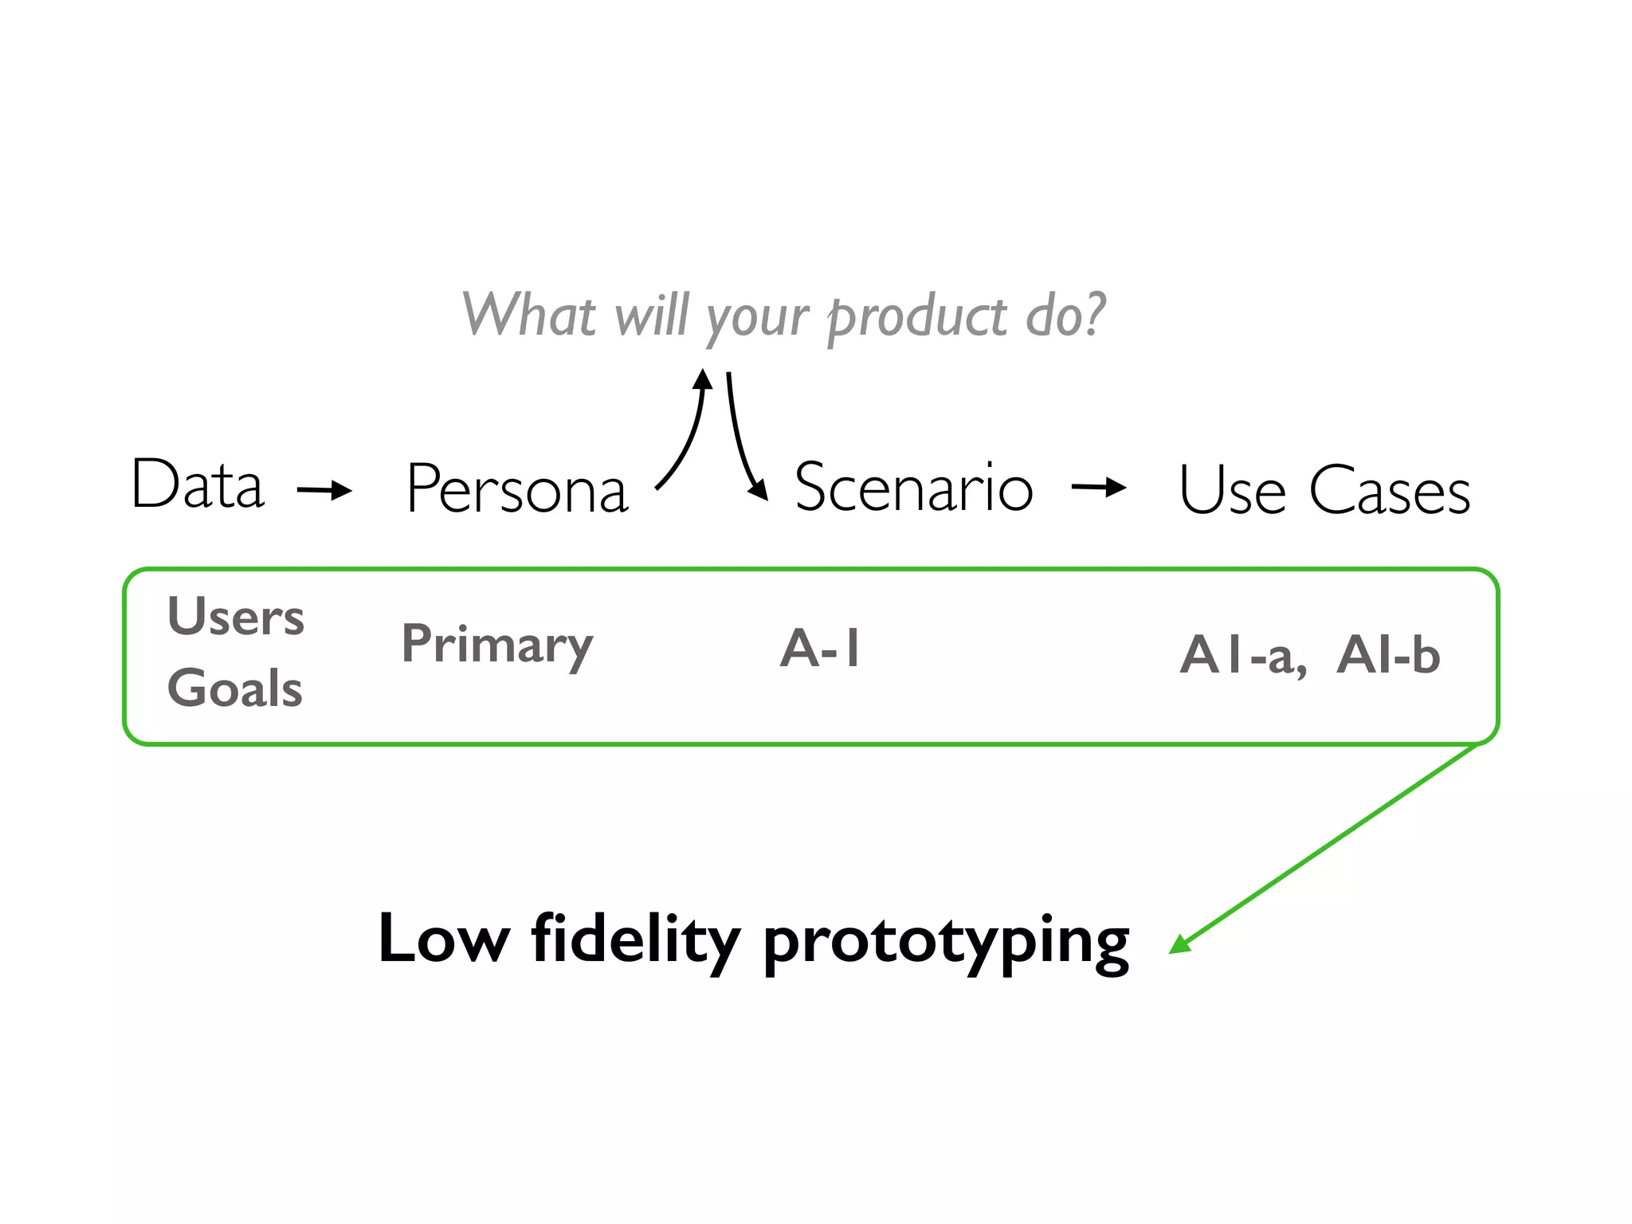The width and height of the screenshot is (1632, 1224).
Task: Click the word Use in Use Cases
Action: [1231, 490]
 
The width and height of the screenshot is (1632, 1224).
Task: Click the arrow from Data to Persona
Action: [324, 489]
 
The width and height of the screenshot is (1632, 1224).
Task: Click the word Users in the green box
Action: [236, 617]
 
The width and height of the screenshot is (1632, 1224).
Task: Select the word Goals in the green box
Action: [235, 688]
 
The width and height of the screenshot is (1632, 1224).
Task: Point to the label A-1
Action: [820, 648]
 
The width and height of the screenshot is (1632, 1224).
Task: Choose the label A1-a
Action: [1242, 656]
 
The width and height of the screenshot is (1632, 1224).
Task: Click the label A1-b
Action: [1388, 655]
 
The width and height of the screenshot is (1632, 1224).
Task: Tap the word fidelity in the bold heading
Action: [635, 940]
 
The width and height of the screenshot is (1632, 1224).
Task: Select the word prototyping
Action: [946, 942]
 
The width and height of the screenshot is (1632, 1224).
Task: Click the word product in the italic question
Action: [916, 317]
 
